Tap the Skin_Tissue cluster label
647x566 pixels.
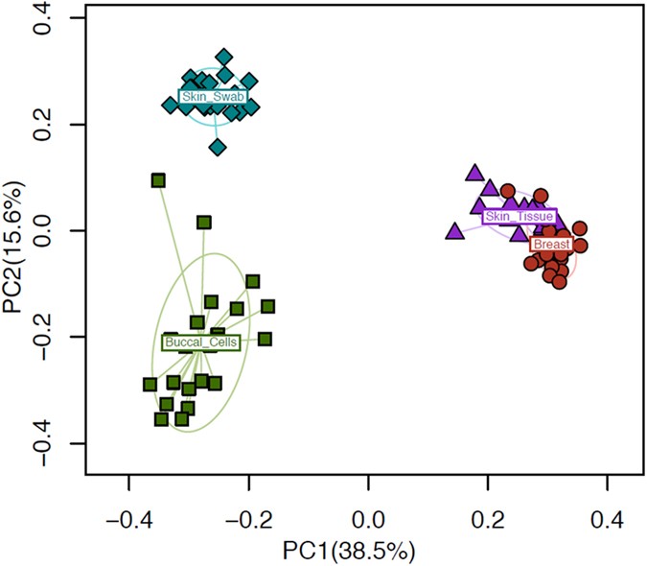coord(519,217)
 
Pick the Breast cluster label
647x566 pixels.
coord(552,245)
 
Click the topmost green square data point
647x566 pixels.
coord(158,180)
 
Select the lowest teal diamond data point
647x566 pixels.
coord(218,147)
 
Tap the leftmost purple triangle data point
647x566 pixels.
coord(455,230)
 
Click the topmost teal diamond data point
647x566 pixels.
coord(224,58)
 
